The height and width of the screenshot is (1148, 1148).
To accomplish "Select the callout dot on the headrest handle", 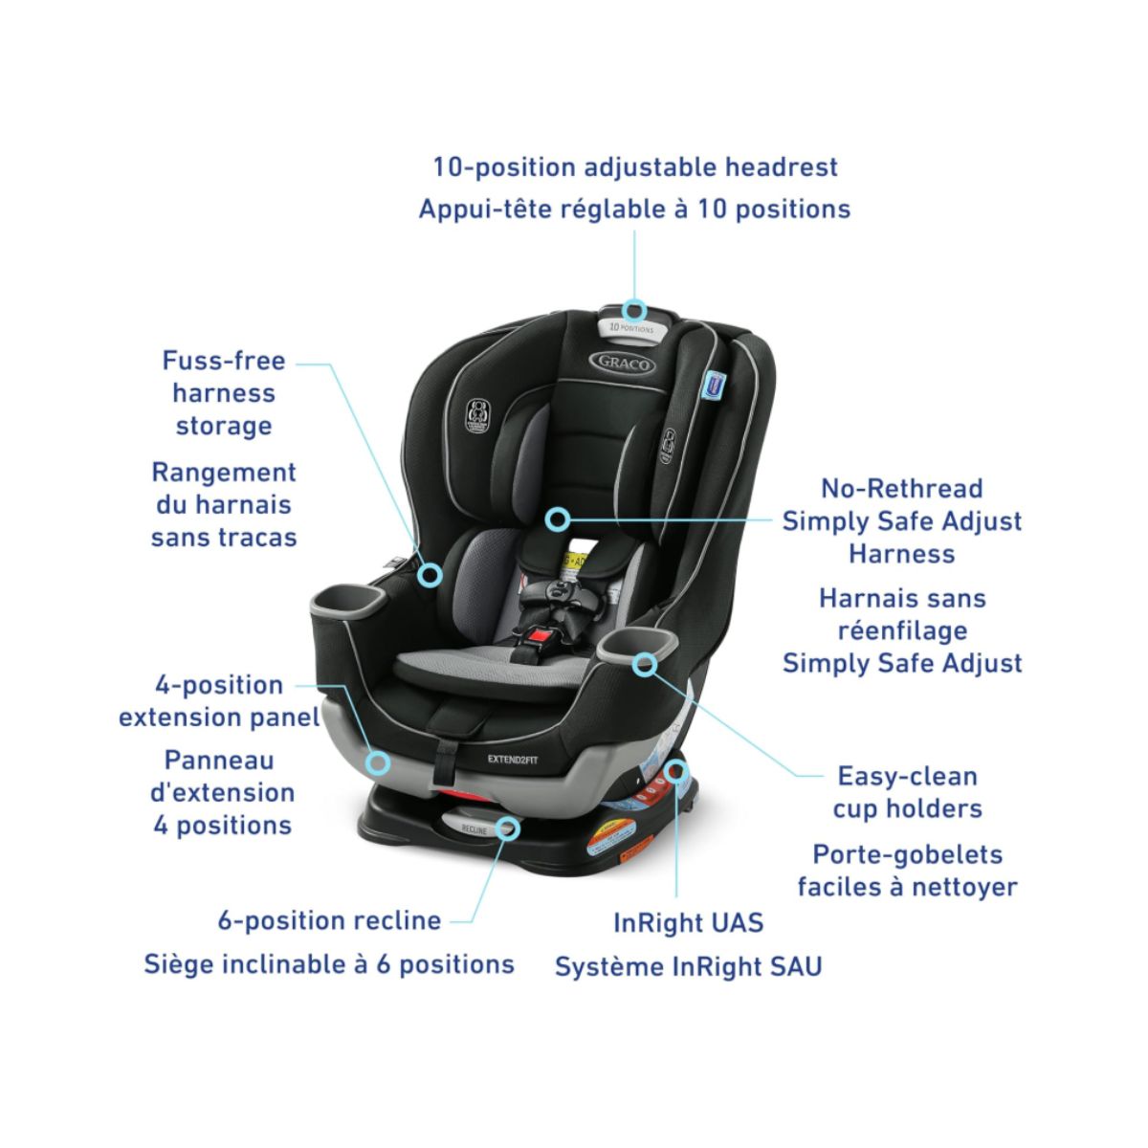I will tap(634, 310).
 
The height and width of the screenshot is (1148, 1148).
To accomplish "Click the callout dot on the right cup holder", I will tap(646, 663).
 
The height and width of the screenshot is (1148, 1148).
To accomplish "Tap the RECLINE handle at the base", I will tap(475, 829).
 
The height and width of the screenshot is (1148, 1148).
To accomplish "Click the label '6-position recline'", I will tap(329, 920).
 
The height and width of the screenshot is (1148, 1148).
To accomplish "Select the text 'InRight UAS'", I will tap(688, 922).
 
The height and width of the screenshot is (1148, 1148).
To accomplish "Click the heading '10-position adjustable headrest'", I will tap(635, 166).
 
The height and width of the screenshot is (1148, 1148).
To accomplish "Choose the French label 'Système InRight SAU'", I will tap(688, 966).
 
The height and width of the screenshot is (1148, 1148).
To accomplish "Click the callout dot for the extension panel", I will tap(379, 762).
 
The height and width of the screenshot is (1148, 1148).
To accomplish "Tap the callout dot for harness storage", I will tap(430, 574).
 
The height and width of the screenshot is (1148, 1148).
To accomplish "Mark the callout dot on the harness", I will tap(559, 519).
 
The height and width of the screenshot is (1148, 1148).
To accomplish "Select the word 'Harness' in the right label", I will tap(901, 553).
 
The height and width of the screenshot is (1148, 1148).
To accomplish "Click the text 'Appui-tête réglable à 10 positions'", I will tap(634, 209).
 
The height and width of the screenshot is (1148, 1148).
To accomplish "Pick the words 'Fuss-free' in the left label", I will tap(224, 361).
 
